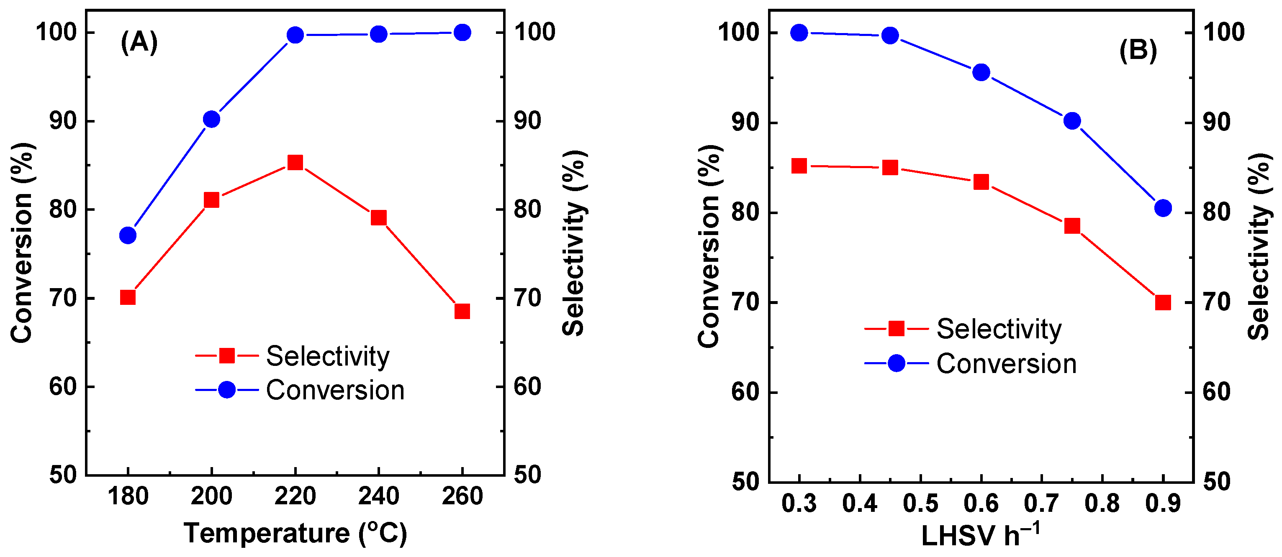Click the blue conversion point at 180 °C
(x=128, y=235)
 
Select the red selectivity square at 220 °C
(x=295, y=163)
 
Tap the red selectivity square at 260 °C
(x=462, y=311)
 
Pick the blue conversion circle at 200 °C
(x=211, y=119)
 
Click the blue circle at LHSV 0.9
(x=1163, y=208)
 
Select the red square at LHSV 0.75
(x=1072, y=226)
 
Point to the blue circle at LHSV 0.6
(x=981, y=73)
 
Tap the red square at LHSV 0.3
(x=799, y=166)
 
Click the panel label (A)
(x=139, y=42)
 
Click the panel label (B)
(x=1138, y=51)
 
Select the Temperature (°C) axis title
(x=295, y=534)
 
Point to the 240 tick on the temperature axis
(x=379, y=497)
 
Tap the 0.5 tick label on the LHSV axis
(x=921, y=504)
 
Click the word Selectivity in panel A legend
(x=327, y=356)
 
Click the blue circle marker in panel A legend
(x=227, y=390)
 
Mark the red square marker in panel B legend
(x=896, y=329)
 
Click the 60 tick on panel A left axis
(x=63, y=387)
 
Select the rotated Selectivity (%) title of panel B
(x=1259, y=246)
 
